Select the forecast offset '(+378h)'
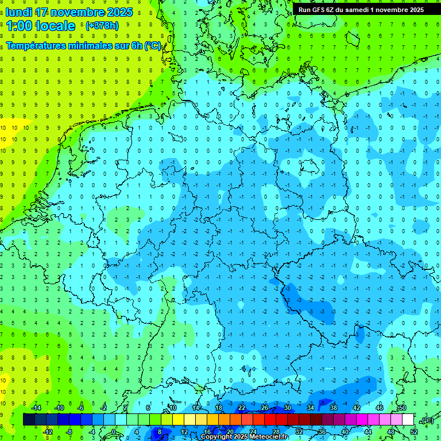(102, 26)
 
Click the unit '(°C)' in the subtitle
(152, 46)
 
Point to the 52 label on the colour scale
(414, 431)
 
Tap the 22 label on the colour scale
(242, 408)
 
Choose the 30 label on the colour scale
(288, 408)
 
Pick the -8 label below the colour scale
(69, 431)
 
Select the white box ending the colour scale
(408, 419)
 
